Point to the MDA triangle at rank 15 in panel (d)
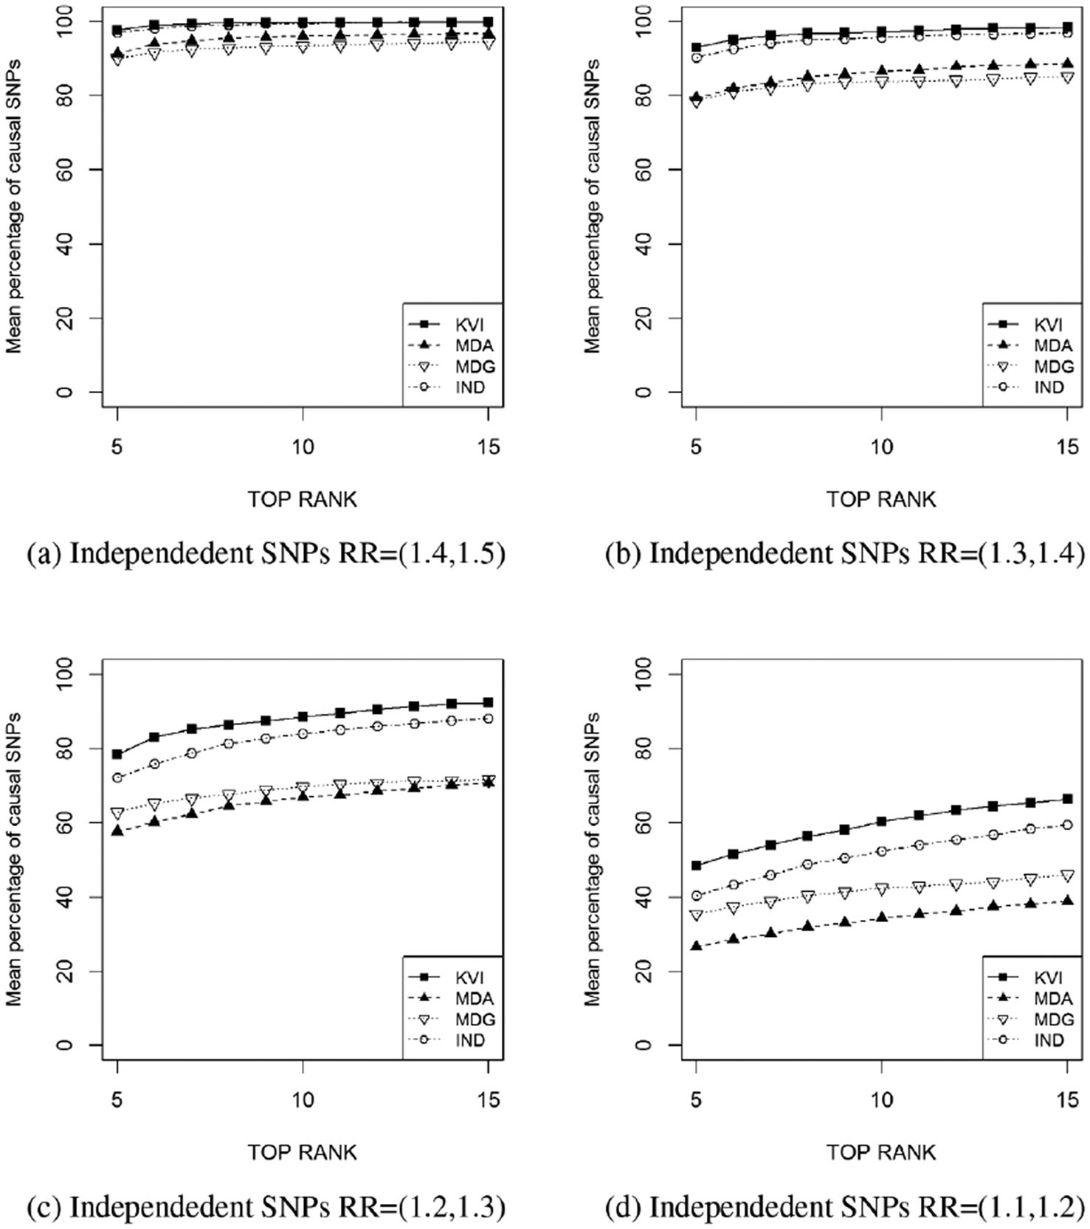pos(1067,901)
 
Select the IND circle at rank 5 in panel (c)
pos(117,778)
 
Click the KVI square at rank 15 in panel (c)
pos(488,702)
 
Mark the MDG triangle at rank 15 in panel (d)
pos(1067,876)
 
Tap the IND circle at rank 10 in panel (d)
pos(881,851)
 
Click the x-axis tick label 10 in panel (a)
pos(303,447)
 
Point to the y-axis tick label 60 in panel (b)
pos(644,170)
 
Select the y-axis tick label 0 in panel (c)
pos(65,1045)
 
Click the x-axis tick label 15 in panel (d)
pos(1067,1100)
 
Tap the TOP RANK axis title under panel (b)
pos(881,499)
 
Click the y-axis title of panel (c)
pos(13,859)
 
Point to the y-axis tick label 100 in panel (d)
pos(644,674)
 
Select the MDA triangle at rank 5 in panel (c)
pos(117,831)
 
